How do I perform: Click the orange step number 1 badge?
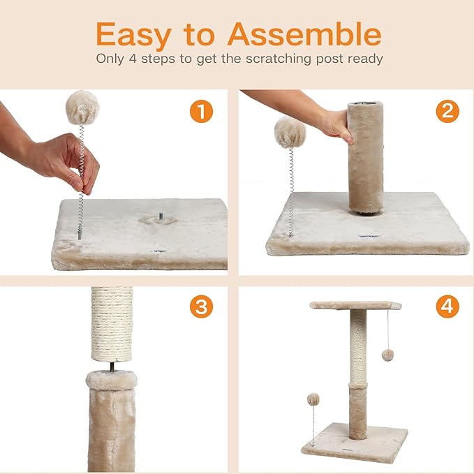(x=201, y=111)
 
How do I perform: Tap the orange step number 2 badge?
(x=447, y=111)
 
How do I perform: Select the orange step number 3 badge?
(x=201, y=306)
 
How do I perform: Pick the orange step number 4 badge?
(x=447, y=306)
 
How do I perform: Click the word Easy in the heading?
(x=134, y=36)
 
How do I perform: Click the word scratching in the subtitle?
(x=278, y=59)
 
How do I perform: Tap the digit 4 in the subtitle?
(x=133, y=59)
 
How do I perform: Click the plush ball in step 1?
(x=82, y=108)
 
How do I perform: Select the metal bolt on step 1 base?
(x=161, y=216)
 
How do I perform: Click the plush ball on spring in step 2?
(x=290, y=133)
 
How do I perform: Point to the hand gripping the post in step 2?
(x=336, y=125)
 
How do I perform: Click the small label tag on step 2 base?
(x=369, y=236)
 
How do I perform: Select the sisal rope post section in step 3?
(x=112, y=324)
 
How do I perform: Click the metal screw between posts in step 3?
(x=112, y=366)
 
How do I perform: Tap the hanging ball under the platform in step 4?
(x=387, y=355)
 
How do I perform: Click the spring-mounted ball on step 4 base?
(x=313, y=399)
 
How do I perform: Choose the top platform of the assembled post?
(x=355, y=305)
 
